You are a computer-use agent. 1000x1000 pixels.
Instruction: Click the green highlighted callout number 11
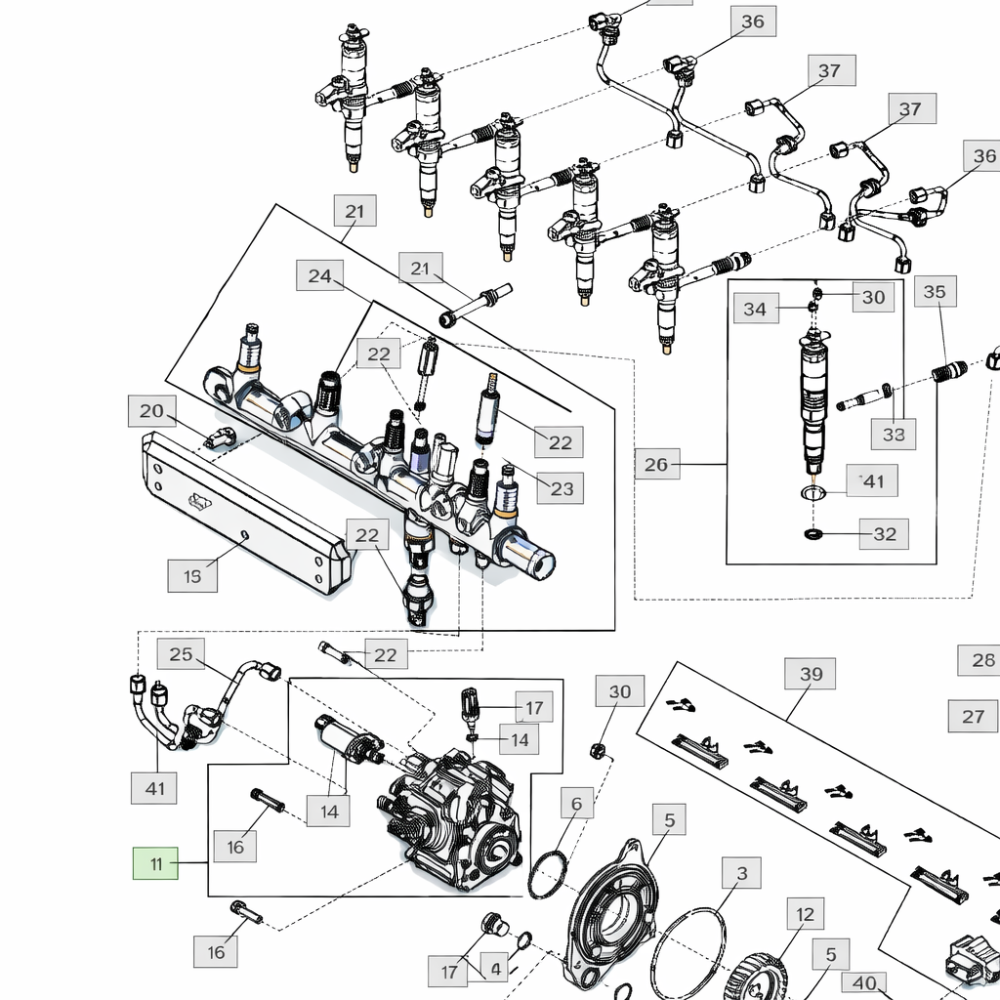[x=156, y=864]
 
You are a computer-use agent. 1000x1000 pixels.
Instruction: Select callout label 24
[x=320, y=276]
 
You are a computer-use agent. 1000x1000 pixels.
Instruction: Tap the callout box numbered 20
[x=151, y=411]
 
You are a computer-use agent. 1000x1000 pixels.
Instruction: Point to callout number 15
[x=192, y=576]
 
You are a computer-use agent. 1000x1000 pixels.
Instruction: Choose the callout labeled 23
[x=562, y=488]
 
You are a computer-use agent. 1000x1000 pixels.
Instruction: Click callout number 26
[x=656, y=465]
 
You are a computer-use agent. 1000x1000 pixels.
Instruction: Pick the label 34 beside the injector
[x=755, y=310]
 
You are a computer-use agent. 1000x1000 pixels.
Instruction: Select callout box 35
[x=935, y=292]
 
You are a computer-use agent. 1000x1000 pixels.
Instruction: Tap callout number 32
[x=884, y=534]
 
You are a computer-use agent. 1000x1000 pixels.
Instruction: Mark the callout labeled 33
[x=894, y=435]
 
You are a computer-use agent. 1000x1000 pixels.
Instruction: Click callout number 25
[x=182, y=654]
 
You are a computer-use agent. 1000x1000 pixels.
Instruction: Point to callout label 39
[x=812, y=674]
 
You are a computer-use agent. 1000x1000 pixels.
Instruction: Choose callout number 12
[x=805, y=915]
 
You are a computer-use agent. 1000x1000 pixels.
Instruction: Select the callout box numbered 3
[x=742, y=873]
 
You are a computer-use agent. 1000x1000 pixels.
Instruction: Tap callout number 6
[x=576, y=804]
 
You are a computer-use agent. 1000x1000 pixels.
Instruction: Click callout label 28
[x=982, y=660]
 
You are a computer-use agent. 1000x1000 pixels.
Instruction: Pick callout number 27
[x=973, y=717]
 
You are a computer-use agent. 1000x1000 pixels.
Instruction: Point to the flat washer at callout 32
[x=812, y=534]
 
